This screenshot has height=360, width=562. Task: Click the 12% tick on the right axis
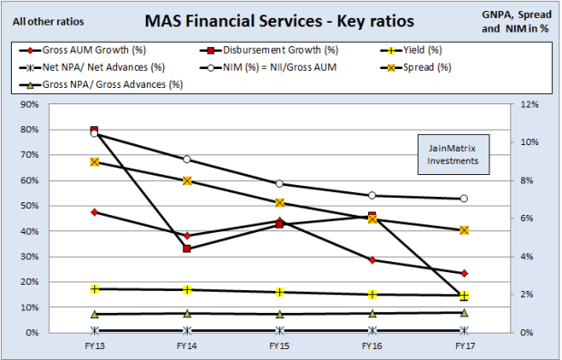click(x=525, y=104)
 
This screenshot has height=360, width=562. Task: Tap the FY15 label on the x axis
click(x=279, y=345)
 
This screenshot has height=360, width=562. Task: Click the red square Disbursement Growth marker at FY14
click(x=187, y=248)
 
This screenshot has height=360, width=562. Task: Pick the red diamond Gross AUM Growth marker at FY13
click(x=94, y=212)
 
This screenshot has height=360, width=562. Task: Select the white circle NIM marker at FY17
click(x=464, y=199)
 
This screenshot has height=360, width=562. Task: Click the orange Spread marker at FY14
click(x=187, y=180)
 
